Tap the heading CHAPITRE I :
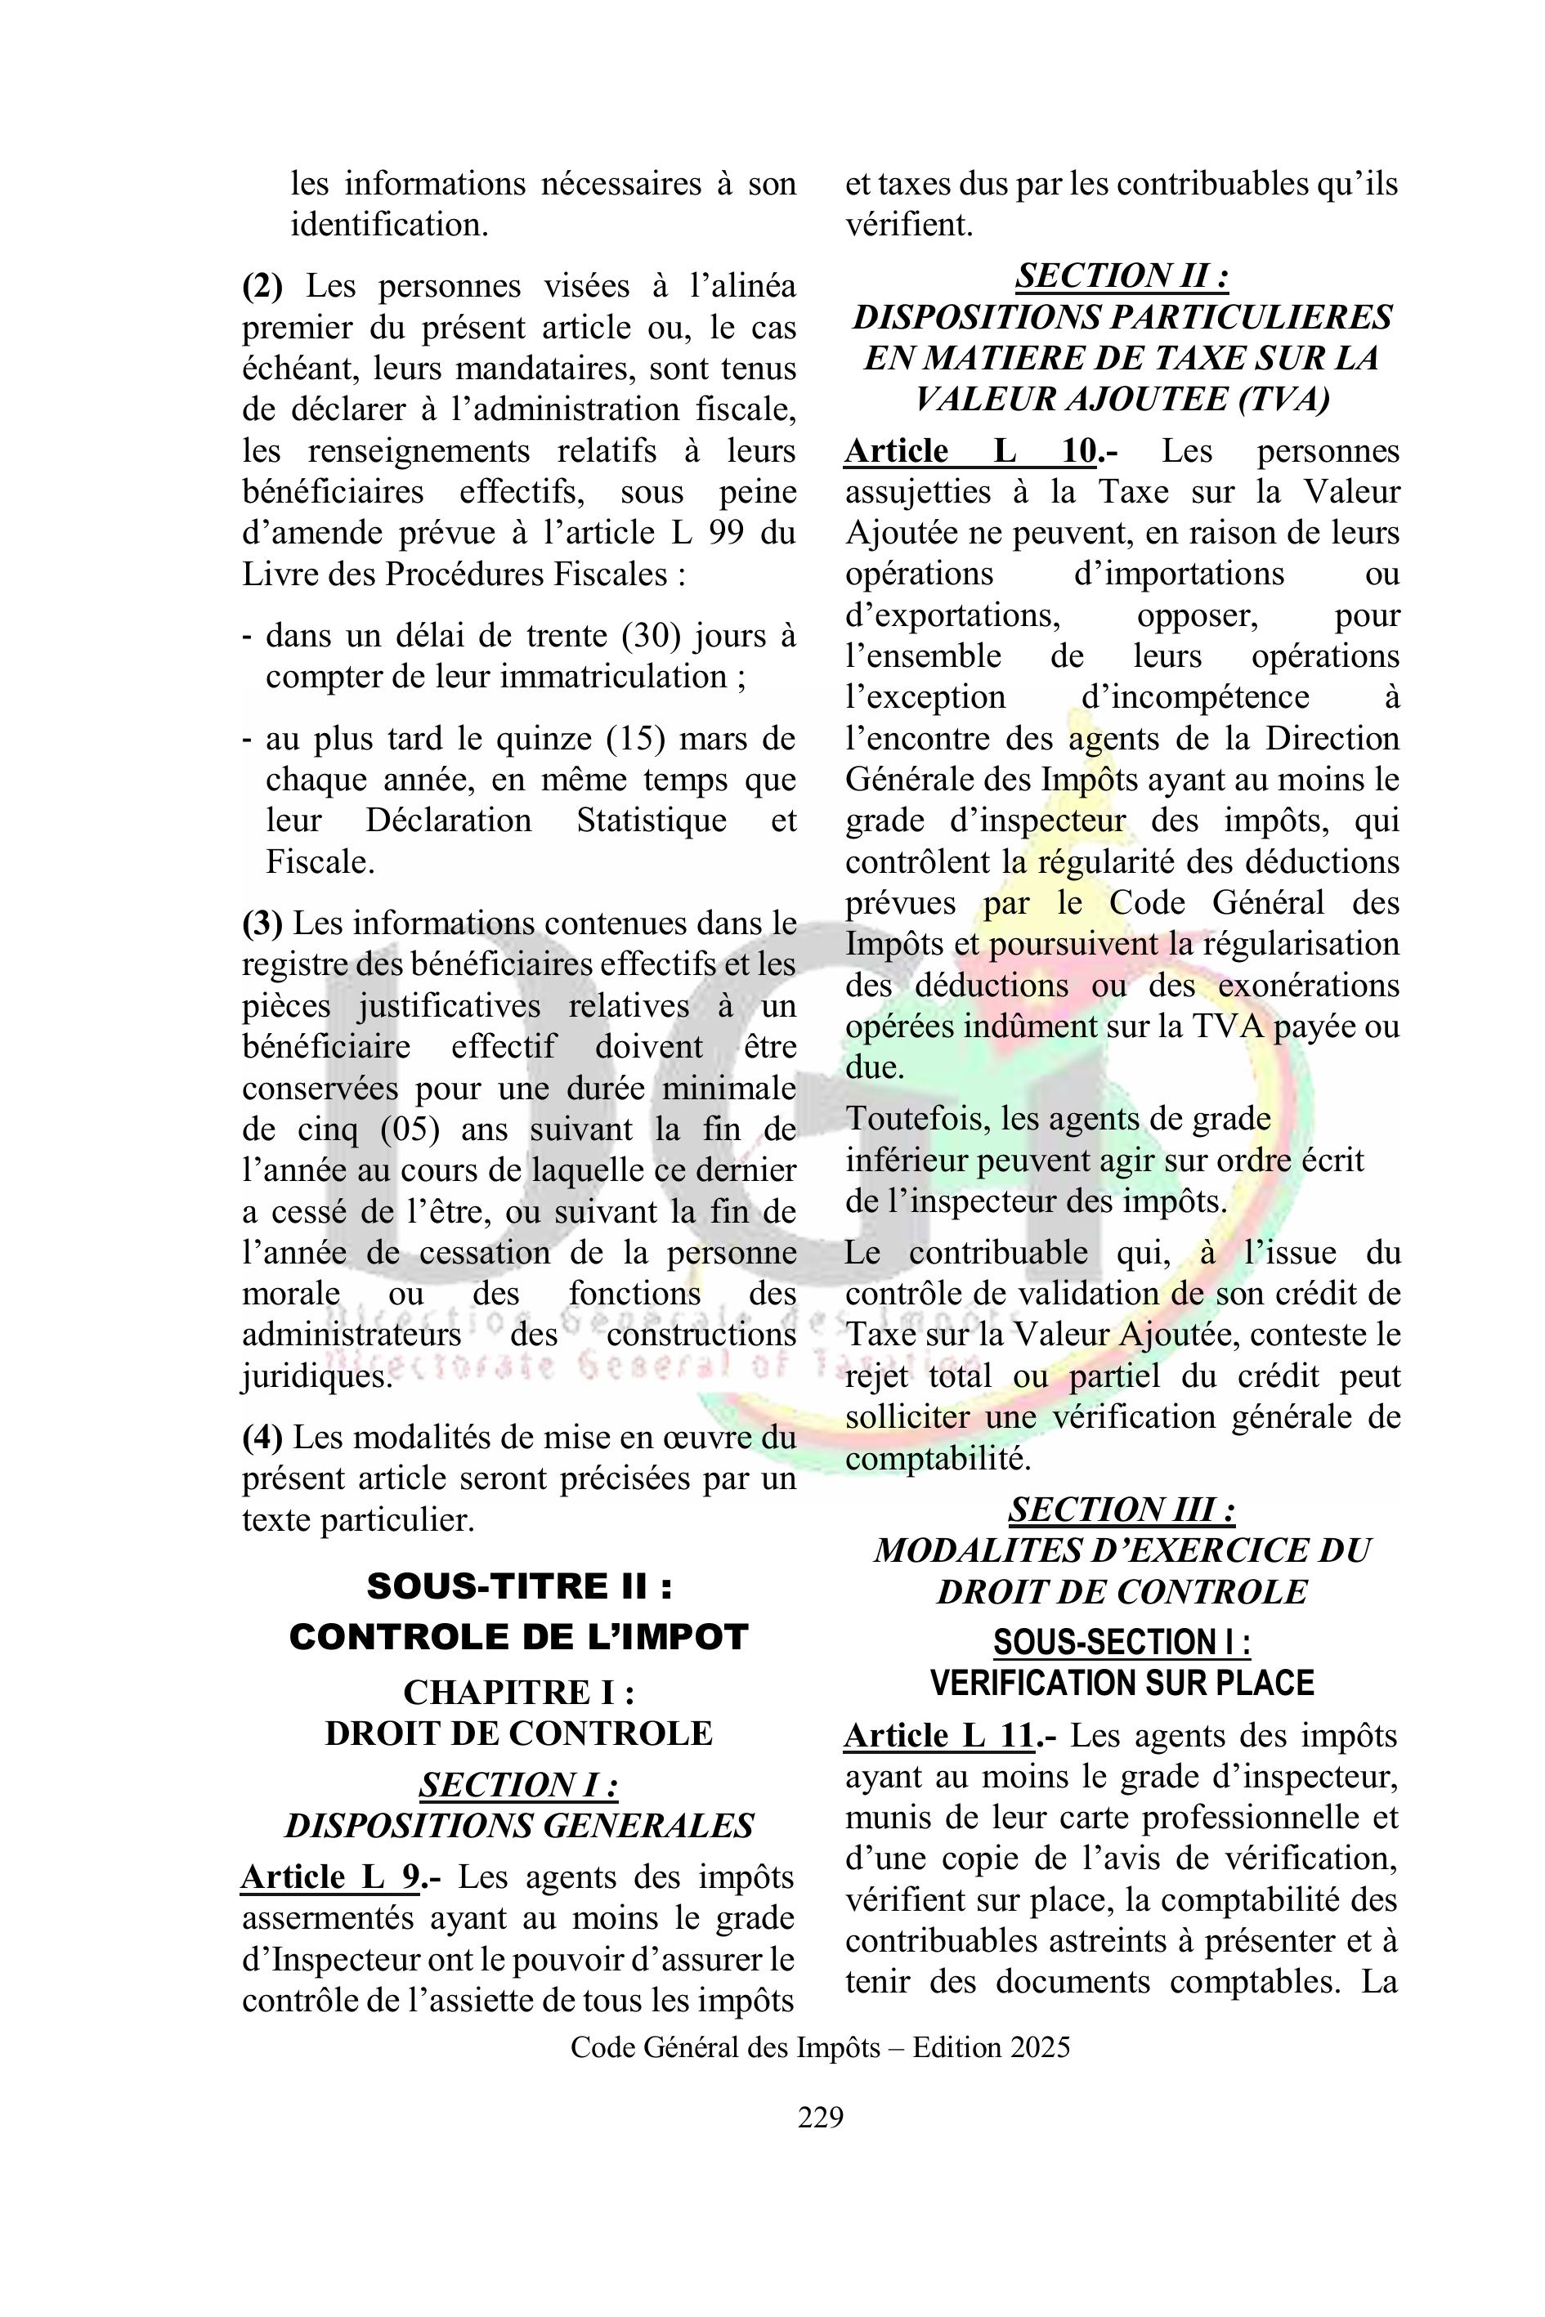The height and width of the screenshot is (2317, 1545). (518, 1693)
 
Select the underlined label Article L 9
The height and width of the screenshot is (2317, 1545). (331, 1877)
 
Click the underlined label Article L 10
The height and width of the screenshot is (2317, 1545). (970, 451)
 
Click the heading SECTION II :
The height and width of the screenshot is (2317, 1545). (1122, 276)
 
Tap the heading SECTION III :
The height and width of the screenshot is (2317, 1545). (1122, 1510)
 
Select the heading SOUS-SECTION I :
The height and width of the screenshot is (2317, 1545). (1122, 1642)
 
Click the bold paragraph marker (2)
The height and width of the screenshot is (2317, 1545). (262, 287)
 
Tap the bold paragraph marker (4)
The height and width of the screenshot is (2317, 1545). (262, 1438)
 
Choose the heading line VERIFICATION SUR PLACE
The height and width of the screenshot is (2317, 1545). (1122, 1683)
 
